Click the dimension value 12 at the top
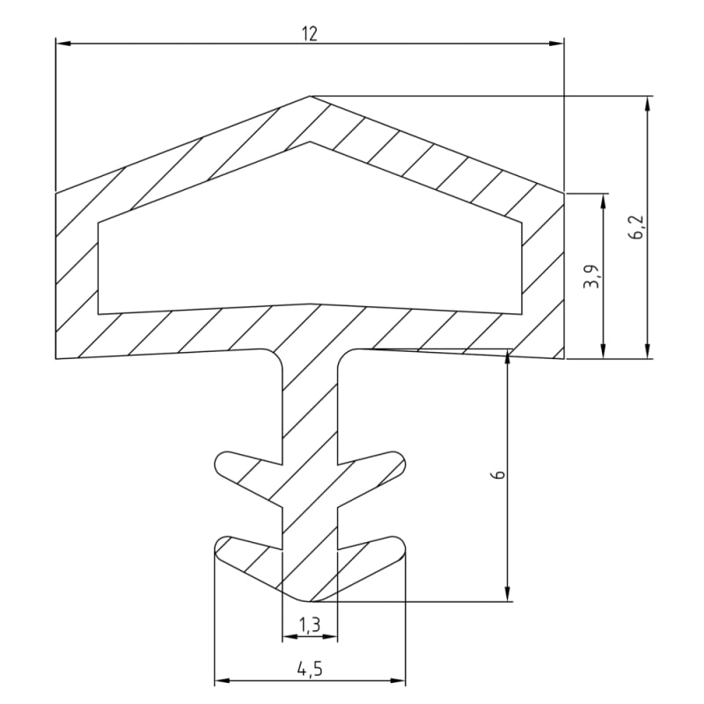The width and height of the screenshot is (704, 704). coord(310,33)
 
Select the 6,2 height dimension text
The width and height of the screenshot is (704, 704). coord(636,227)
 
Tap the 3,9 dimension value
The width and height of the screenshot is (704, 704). coord(591,276)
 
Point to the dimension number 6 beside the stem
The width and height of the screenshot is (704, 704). coord(499,475)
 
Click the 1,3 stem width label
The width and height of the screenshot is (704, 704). coord(310,625)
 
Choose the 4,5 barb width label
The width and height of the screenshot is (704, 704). coord(310,670)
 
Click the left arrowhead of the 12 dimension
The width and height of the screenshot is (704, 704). coord(62,43)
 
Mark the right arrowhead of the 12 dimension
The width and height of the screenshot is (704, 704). coord(557,43)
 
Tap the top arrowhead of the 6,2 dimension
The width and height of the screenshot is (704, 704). coord(647,103)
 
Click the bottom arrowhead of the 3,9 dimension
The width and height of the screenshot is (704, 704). coord(603,351)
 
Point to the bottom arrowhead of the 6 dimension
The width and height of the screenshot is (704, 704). coord(508,593)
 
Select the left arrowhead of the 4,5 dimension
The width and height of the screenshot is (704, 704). coord(222,680)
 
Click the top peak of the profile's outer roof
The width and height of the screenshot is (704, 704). coord(310,96)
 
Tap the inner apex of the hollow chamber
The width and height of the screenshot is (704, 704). coord(310,143)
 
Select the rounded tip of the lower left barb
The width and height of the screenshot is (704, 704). coord(216,547)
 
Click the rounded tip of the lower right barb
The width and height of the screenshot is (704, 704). coord(404,546)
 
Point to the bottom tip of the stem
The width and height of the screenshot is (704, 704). coord(309,601)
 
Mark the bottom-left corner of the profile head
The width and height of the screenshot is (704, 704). coord(55,359)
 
